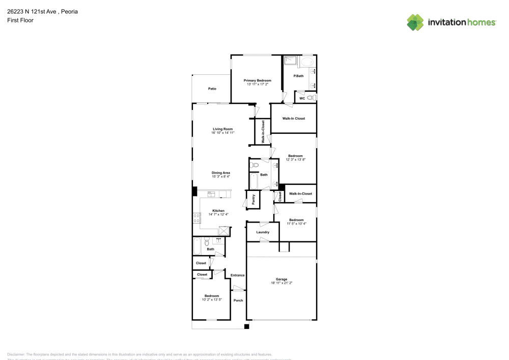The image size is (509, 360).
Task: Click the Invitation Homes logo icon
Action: pos(415,22)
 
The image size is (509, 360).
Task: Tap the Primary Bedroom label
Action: pos(257,80)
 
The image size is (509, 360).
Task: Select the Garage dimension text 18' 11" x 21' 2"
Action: pos(281,283)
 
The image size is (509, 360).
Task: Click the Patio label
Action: pos(212,89)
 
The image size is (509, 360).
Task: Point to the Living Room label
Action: pos(222,129)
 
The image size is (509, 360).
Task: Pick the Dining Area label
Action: pos(221,173)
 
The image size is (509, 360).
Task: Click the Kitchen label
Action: pos(218,210)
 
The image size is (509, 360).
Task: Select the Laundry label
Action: pos(263,232)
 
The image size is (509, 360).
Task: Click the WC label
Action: pos(302,98)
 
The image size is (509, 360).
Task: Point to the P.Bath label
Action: pos(298,76)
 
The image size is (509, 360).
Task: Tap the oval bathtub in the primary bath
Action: pos(307,62)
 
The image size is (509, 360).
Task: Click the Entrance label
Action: pos(237,275)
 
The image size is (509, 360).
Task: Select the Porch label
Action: pos(238,300)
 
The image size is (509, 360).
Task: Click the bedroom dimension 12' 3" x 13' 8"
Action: pos(295,160)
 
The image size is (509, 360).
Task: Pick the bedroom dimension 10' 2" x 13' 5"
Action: pos(212,299)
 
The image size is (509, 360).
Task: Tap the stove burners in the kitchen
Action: pos(196,218)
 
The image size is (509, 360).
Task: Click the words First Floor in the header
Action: pos(20,20)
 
